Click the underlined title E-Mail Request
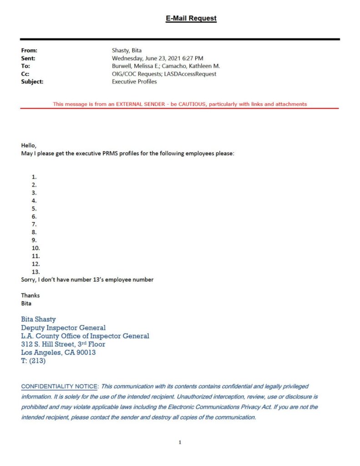point(191,19)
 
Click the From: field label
point(29,51)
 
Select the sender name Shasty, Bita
point(127,51)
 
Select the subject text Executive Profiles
point(134,81)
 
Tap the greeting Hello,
point(28,146)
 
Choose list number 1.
point(34,177)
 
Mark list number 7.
point(34,224)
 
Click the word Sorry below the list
point(29,279)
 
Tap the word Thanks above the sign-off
point(30,295)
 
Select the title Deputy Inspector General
point(63,328)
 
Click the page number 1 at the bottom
point(180,442)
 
